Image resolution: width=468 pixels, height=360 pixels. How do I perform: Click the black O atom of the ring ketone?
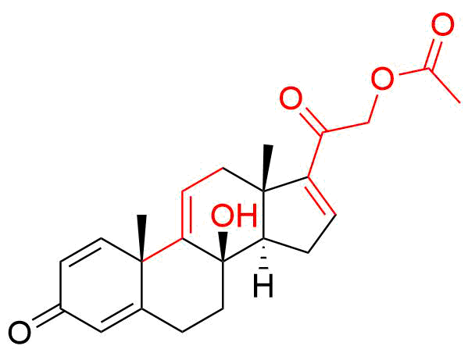click(20, 333)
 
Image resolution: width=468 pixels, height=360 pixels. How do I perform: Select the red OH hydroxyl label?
click(234, 215)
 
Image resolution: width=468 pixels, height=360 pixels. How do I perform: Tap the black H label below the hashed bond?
click(263, 287)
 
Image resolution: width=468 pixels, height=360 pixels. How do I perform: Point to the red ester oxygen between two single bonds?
click(382, 79)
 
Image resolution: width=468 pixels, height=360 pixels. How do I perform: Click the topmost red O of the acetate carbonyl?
click(443, 25)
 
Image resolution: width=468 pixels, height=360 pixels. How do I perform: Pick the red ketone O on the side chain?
click(291, 98)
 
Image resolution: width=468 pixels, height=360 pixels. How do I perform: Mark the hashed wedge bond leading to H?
click(263, 254)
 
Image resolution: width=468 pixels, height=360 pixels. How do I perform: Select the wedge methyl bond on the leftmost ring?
click(141, 238)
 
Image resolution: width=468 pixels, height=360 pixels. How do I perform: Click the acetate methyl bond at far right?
click(444, 86)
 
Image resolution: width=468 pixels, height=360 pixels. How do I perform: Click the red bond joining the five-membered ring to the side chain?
click(315, 155)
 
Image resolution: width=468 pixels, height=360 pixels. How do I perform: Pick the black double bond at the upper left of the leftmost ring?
click(81, 251)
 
